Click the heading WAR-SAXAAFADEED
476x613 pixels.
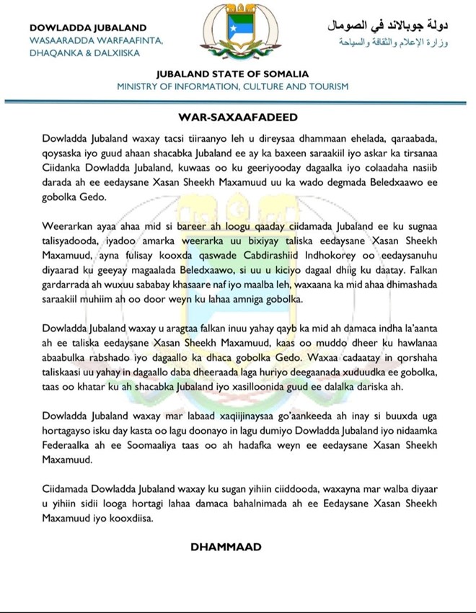[238, 115]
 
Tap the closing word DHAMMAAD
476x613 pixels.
[226, 547]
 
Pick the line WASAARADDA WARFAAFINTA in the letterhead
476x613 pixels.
[96, 40]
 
